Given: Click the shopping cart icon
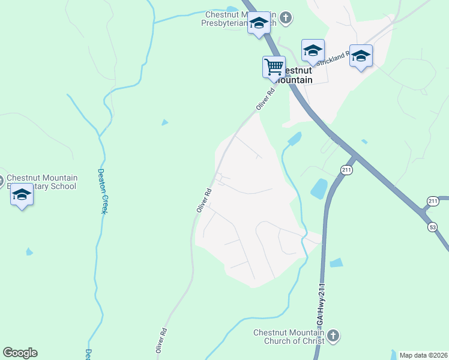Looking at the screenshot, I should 274,66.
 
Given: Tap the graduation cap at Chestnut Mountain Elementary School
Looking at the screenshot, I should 22,196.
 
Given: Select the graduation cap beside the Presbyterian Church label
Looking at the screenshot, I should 259,23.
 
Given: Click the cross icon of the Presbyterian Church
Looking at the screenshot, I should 286,17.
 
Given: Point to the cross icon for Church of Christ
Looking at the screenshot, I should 334,335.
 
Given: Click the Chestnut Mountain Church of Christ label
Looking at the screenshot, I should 289,337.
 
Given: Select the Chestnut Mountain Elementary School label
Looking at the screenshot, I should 42,182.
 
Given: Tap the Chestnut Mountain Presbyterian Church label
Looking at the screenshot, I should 240,19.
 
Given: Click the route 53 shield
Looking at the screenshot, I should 433,227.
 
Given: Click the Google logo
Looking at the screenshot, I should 20,353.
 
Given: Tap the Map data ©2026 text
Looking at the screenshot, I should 423,355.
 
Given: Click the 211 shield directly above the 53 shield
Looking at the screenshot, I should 433,200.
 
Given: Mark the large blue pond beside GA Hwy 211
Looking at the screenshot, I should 318,189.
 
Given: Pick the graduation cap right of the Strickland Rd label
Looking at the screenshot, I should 360,56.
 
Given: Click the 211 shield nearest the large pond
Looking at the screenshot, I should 346,170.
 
